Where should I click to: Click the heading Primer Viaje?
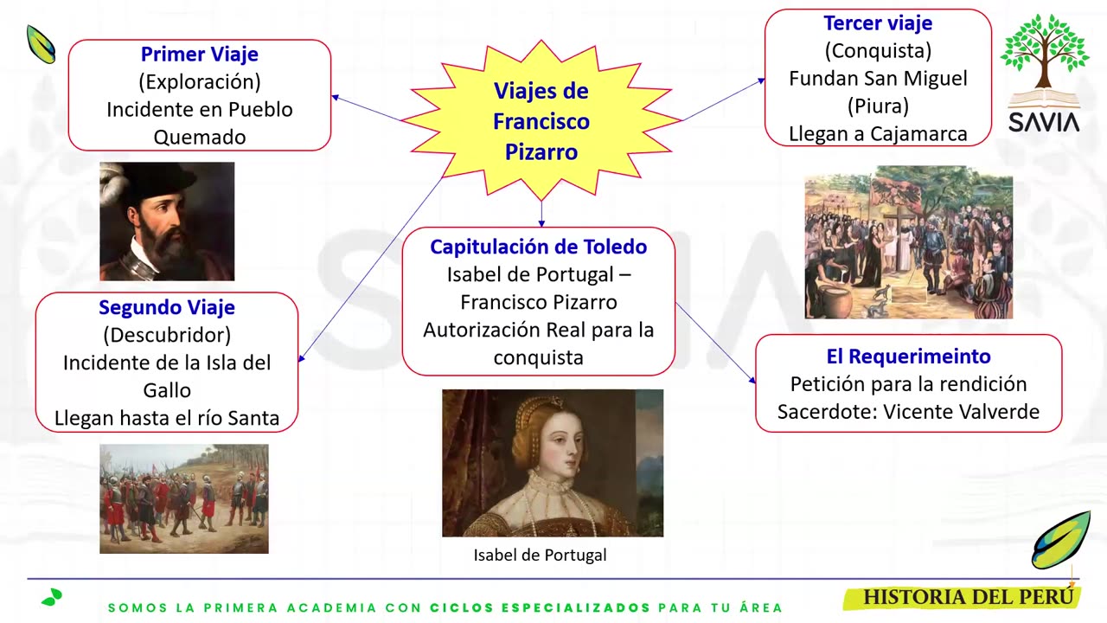pyautogui.click(x=199, y=55)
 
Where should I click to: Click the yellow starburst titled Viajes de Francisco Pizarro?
pyautogui.click(x=541, y=121)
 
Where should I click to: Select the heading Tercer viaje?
pyautogui.click(x=877, y=23)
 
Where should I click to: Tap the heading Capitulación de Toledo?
pyautogui.click(x=538, y=247)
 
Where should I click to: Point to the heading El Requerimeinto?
pyautogui.click(x=908, y=356)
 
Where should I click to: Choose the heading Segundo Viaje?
pyautogui.click(x=166, y=307)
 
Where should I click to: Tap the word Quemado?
pyautogui.click(x=199, y=138)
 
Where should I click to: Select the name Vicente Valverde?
pyautogui.click(x=961, y=412)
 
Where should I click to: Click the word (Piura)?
pyautogui.click(x=877, y=106)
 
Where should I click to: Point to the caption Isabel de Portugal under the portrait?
pyautogui.click(x=540, y=556)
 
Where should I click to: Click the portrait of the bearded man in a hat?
pyautogui.click(x=167, y=222)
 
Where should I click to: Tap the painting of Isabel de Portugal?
pyautogui.click(x=552, y=463)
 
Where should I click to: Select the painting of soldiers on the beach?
pyautogui.click(x=183, y=498)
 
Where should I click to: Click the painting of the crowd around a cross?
pyautogui.click(x=908, y=242)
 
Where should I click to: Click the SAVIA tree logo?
pyautogui.click(x=1044, y=74)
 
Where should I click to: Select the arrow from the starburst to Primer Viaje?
pyautogui.click(x=368, y=109)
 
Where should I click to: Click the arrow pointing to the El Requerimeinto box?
pyautogui.click(x=715, y=343)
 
